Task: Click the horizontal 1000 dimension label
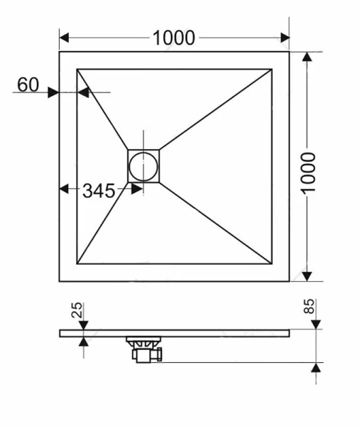(x=174, y=38)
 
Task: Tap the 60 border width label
(x=28, y=84)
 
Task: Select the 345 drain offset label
(x=99, y=190)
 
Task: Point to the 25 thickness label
(x=78, y=310)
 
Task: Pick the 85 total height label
(x=310, y=308)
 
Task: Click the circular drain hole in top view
(x=143, y=166)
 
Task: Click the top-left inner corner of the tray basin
(x=77, y=69)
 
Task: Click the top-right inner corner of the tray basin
(x=272, y=69)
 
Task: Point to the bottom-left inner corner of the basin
(x=77, y=263)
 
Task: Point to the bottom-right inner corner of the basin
(x=272, y=263)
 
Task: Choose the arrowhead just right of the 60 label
(x=53, y=92)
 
